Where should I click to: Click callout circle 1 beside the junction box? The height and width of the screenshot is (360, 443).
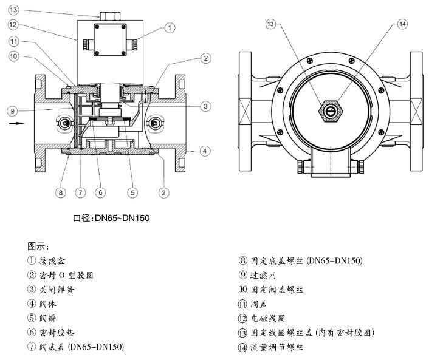(170, 27)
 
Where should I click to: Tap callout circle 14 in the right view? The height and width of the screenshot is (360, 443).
(402, 24)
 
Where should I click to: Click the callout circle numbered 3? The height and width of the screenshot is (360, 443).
(205, 106)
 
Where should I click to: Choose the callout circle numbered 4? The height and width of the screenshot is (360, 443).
(205, 150)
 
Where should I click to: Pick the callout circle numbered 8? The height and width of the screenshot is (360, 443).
(60, 192)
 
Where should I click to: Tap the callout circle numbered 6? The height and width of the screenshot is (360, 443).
(101, 192)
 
